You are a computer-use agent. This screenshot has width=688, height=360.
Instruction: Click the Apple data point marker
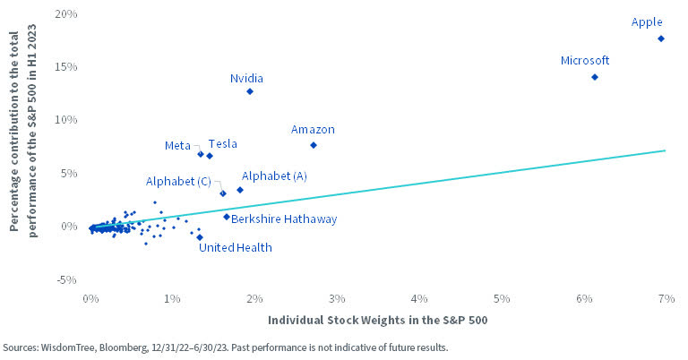coord(660,39)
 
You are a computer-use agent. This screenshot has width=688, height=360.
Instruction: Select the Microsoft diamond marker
coord(594,77)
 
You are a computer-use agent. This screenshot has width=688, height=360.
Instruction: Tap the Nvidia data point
coord(250,91)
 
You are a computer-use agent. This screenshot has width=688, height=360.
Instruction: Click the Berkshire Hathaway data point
coord(227,216)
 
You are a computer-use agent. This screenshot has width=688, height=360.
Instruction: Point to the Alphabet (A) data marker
coord(240,190)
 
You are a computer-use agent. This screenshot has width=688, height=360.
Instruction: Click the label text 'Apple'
coord(647,21)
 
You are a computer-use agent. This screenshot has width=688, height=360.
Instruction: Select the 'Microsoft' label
coord(584,61)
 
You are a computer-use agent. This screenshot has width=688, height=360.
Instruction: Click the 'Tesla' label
coord(222,143)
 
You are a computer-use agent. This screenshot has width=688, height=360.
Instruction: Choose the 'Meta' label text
coord(176,144)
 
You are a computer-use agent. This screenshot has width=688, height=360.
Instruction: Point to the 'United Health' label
coord(235,248)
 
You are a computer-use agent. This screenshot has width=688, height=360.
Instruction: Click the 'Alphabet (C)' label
coord(177,181)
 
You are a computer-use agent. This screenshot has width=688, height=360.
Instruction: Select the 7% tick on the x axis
coord(665,296)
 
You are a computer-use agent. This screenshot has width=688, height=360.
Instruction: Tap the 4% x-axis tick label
coord(418,296)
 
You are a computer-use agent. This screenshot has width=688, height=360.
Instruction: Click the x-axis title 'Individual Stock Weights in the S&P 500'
coord(376,320)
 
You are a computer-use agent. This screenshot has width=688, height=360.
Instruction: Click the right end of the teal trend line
coord(665,150)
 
